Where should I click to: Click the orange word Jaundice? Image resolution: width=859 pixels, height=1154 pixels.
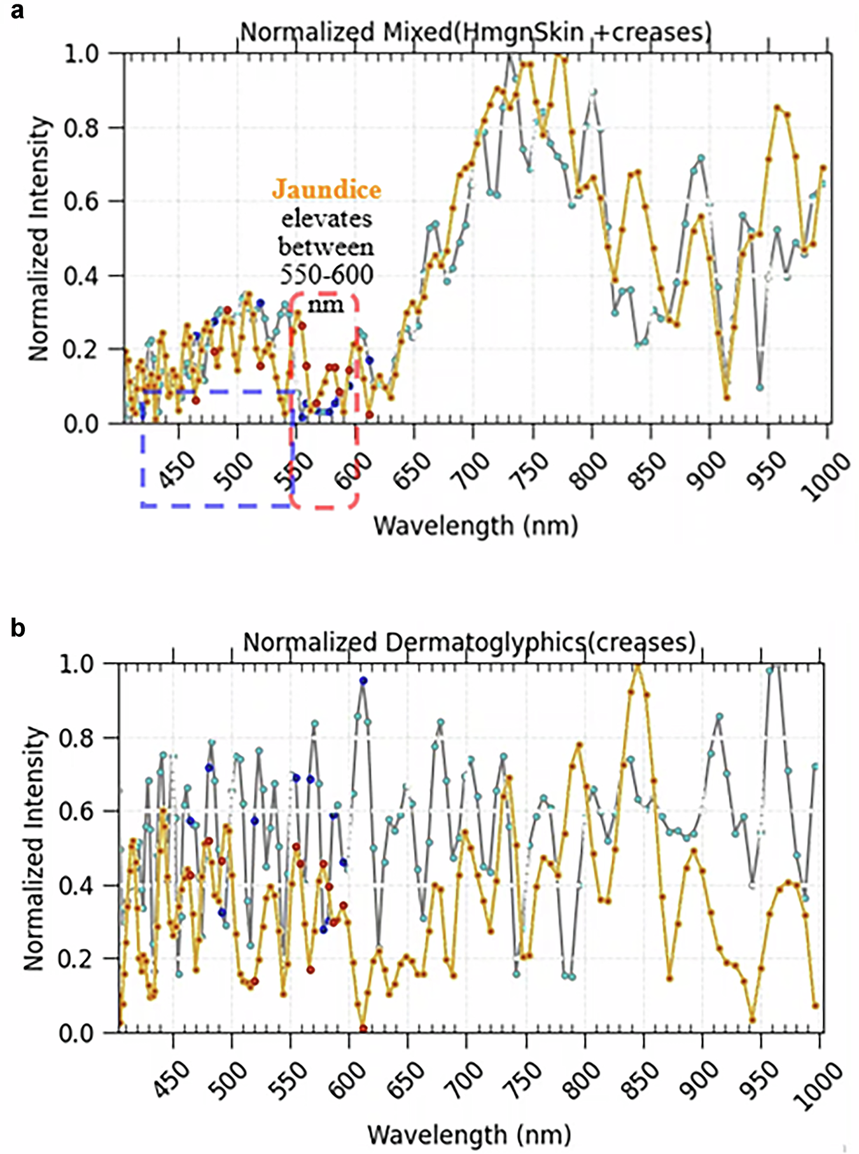tap(326, 190)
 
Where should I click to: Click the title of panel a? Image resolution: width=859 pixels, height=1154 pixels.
tap(475, 32)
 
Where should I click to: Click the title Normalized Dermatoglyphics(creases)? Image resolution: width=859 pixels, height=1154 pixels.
tap(470, 643)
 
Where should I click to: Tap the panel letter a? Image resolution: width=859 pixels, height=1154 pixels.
tap(17, 11)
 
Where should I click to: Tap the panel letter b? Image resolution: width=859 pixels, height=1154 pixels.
tap(18, 628)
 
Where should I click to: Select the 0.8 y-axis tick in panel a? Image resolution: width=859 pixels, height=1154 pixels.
tap(81, 128)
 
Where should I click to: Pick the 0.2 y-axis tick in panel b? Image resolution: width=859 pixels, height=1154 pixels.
tap(76, 959)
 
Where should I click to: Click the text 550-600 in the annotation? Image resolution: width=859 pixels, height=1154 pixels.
tap(326, 274)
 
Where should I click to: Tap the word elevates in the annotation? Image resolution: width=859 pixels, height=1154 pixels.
tap(326, 219)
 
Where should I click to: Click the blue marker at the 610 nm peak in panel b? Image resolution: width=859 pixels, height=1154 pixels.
tap(363, 680)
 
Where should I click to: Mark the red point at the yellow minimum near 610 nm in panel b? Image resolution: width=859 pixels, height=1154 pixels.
tap(363, 1028)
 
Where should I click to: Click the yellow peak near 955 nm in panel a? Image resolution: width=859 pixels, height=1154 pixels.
tap(777, 108)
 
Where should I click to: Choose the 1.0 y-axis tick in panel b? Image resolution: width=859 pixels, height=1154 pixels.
tap(76, 664)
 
